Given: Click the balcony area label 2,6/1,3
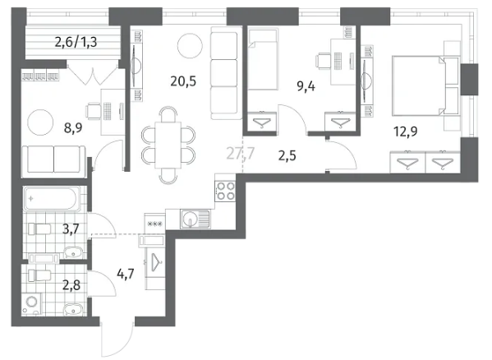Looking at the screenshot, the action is (76, 42).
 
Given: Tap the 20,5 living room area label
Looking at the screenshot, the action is (183, 81).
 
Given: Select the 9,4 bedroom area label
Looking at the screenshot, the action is (306, 86).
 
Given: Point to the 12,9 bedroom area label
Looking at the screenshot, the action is (406, 132).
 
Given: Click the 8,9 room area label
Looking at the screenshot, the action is (73, 128).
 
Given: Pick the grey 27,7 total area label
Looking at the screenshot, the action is (241, 154).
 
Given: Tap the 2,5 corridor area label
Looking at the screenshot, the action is (287, 155).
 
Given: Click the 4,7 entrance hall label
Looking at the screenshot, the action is (126, 274).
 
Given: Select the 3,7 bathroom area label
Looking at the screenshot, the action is (71, 228).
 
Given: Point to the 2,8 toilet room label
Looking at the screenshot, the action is (71, 285).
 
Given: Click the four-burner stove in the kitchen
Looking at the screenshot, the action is (226, 192).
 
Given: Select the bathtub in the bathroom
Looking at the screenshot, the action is (51, 199).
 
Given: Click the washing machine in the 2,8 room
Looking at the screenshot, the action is (32, 303).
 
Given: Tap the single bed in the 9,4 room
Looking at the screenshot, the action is (263, 59).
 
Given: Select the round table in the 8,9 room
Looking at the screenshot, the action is (40, 122).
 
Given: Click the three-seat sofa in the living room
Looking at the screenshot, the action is (224, 73).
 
